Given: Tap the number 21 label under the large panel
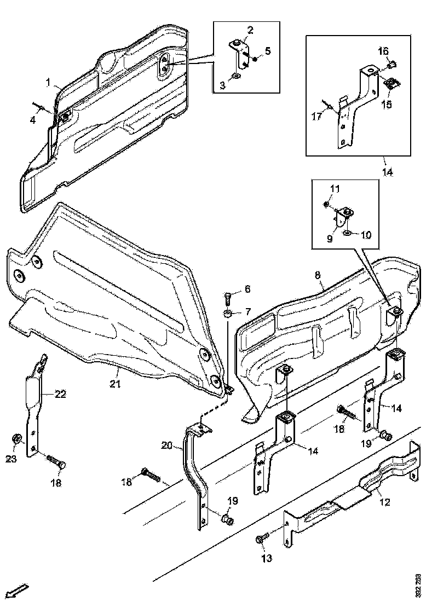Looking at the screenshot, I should click(114, 384).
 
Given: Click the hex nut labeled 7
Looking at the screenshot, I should click(228, 314).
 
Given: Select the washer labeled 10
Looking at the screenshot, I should click(347, 234).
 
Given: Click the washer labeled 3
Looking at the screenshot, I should click(235, 75).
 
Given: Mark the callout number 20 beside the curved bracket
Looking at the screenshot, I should click(167, 445).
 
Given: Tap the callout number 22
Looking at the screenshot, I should click(60, 394).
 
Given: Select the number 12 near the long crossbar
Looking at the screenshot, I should click(385, 502).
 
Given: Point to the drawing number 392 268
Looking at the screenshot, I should click(418, 584).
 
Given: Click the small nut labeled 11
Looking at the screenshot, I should click(326, 204).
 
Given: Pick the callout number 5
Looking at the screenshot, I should click(268, 51).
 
